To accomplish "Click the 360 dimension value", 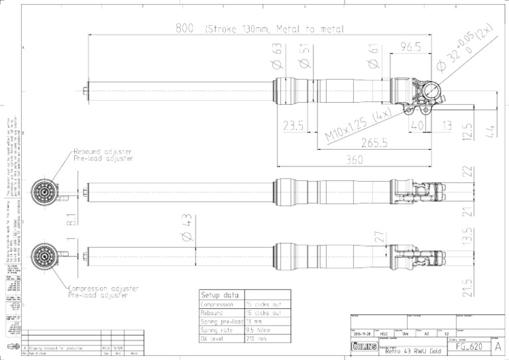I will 359,160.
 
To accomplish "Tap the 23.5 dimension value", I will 293,125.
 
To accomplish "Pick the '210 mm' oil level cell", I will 256,338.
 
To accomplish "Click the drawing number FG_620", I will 470,347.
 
